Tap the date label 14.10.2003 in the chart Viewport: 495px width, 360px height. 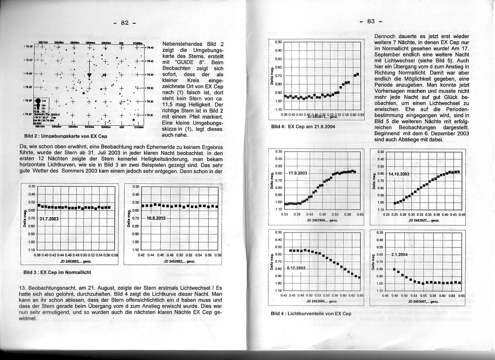pyautogui.click(x=398, y=174)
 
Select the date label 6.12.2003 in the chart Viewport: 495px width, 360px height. pyautogui.click(x=296, y=268)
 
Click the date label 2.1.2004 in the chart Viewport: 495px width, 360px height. pyautogui.click(x=399, y=255)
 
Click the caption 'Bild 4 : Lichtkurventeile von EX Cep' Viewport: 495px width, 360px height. pyautogui.click(x=311, y=314)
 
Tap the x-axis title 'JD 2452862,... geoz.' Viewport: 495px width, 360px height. pyautogui.click(x=179, y=262)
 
